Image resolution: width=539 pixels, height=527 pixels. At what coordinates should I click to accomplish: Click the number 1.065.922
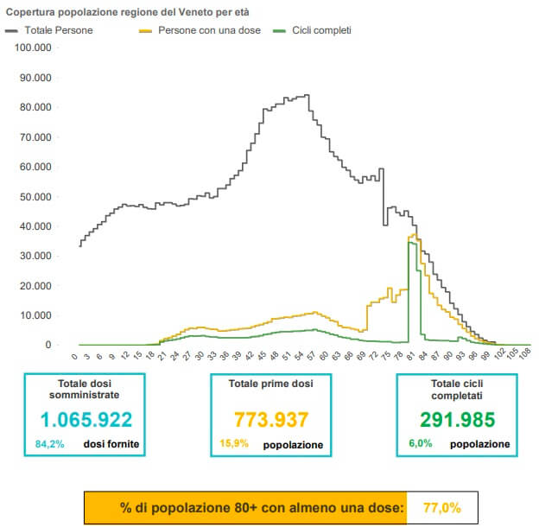(x=85, y=420)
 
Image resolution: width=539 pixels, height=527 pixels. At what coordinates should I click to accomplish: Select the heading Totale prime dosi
(x=271, y=383)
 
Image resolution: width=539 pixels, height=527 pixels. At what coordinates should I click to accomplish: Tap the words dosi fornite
(x=111, y=445)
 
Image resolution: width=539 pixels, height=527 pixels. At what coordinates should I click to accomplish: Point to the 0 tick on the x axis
(x=76, y=354)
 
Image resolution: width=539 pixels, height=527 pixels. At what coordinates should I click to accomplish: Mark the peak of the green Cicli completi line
(x=409, y=243)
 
